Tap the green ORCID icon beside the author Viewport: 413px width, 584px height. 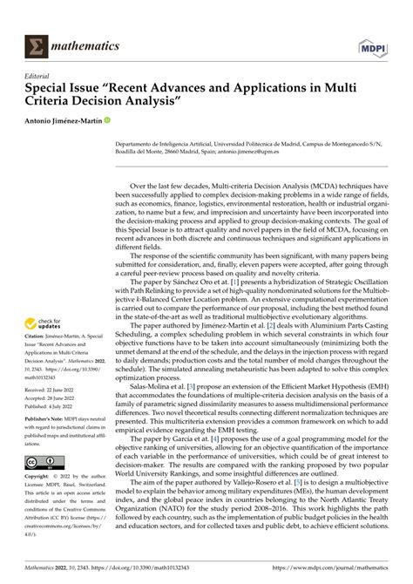pos(109,119)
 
